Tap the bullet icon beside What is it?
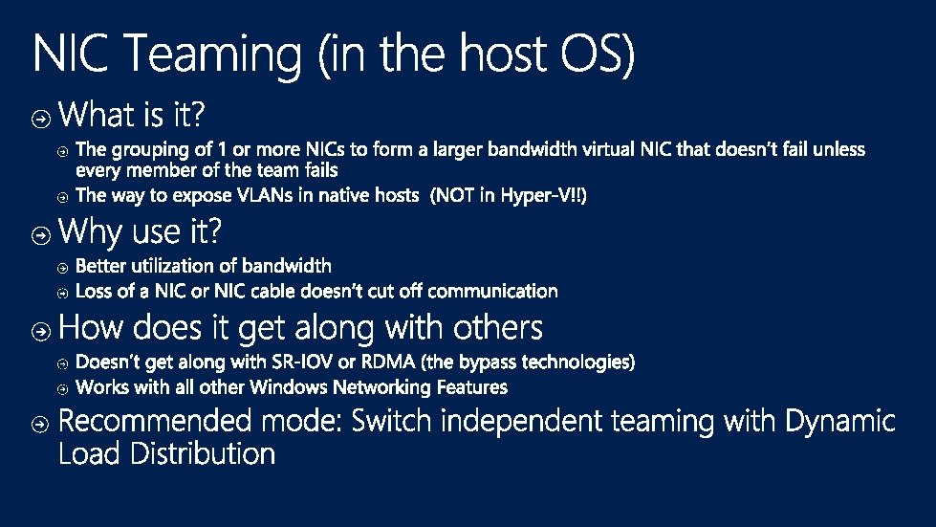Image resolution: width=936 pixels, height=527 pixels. (41, 119)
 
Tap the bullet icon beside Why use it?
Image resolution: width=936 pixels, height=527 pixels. (41, 233)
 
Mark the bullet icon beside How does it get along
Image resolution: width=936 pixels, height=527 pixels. (41, 330)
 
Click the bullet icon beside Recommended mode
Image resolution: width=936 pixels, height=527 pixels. (41, 422)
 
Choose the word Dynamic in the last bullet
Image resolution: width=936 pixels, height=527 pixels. (840, 421)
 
